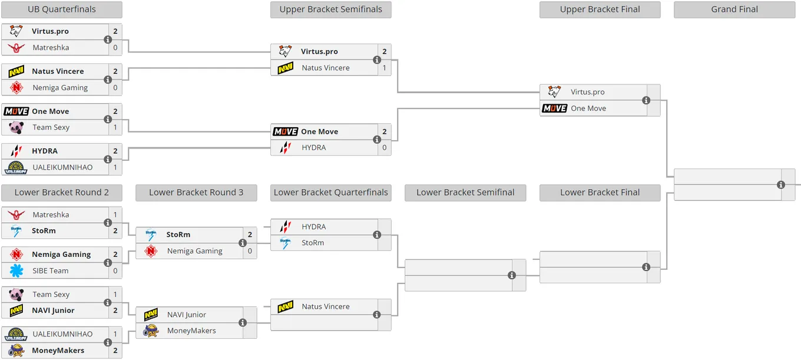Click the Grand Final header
pos(734,9)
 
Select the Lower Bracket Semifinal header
pos(465,193)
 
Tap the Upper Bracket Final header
pos(600,9)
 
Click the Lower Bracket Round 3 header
pos(196,193)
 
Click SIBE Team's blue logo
pos(16,270)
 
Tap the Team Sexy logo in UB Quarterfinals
pos(16,127)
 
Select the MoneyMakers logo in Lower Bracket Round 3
pos(151,331)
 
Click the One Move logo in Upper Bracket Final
pos(554,108)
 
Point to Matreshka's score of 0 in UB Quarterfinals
pos(115,48)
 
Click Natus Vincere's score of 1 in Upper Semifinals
pos(385,68)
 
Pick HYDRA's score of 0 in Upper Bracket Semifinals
pos(385,147)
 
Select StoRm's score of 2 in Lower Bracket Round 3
pos(250,235)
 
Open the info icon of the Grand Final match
pos(781,184)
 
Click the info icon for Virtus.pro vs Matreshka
pos(108,39)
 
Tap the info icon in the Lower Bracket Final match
pos(646,267)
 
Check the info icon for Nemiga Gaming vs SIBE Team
pos(108,263)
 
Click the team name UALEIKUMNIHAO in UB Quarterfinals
pos(62,167)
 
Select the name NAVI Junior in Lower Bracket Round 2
pos(53,311)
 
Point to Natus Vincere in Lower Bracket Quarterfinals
pos(326,306)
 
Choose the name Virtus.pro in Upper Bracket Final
pos(588,92)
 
